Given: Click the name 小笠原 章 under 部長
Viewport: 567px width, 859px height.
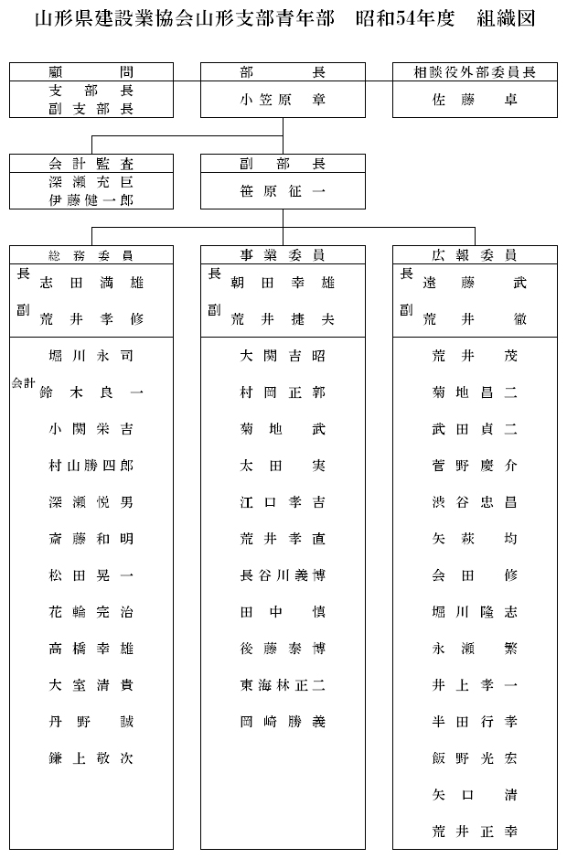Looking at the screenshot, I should (x=283, y=100).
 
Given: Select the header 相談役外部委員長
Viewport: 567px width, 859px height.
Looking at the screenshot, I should (x=475, y=71).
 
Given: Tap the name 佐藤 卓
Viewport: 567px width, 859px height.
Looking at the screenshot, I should (x=475, y=100).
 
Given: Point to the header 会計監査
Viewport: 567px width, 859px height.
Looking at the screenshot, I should (x=91, y=164).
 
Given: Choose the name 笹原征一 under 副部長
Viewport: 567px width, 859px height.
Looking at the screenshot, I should (x=283, y=191).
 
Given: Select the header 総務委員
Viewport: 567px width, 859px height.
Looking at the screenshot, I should (x=91, y=255).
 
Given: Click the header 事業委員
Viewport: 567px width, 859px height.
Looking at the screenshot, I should (x=283, y=255).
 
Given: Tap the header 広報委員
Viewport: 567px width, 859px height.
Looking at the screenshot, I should (x=475, y=255).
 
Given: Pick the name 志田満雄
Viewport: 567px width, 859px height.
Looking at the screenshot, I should (x=91, y=284).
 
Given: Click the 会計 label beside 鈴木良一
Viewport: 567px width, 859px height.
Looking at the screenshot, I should (x=24, y=385).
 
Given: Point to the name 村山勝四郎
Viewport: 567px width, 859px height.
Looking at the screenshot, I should (x=91, y=466).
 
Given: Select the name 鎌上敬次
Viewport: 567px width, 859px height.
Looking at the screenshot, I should (x=91, y=758).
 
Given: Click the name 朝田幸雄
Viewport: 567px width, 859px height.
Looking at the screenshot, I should (x=283, y=284).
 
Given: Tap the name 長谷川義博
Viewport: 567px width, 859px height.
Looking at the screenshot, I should (x=283, y=575).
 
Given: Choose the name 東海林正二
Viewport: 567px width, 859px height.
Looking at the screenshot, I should (x=283, y=685).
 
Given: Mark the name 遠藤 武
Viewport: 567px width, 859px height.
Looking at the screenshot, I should (x=475, y=284).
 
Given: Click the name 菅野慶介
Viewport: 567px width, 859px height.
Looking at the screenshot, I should (x=475, y=466).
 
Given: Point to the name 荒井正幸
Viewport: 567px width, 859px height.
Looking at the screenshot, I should (x=475, y=832).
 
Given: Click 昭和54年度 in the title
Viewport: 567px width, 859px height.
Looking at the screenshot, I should (x=411, y=19).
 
